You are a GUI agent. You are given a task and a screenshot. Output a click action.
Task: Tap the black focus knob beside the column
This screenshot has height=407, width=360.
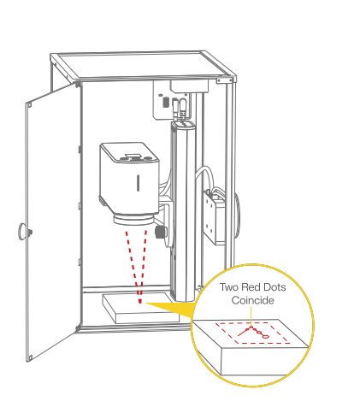[x=160, y=232]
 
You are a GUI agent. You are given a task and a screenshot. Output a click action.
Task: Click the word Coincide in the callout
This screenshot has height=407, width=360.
[x=252, y=300]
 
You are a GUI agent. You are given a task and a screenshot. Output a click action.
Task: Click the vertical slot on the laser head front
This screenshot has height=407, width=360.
[x=138, y=183]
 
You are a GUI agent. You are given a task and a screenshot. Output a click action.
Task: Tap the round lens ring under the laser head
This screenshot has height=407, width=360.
[x=133, y=220]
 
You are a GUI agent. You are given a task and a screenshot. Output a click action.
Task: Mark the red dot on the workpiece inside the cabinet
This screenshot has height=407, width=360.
[x=140, y=301]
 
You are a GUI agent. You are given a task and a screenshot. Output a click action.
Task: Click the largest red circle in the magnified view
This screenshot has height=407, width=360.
[x=265, y=336]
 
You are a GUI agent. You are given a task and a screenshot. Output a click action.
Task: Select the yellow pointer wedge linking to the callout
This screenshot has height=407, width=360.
[x=171, y=309]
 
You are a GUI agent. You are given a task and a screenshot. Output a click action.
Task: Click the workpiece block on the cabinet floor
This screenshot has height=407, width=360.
[x=141, y=308]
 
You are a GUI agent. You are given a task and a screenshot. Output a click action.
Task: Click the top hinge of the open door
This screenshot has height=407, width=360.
[x=77, y=84]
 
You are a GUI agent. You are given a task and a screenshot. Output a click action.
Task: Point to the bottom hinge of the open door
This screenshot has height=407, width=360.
[x=78, y=327]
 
